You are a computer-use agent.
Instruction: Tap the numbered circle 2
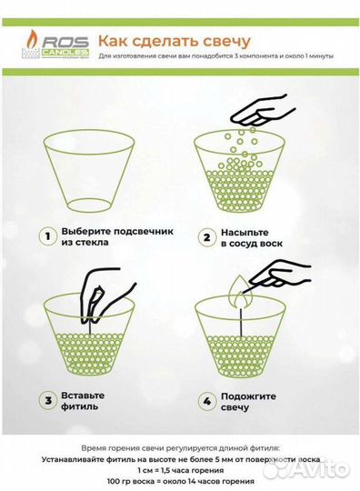coord(206,237)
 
